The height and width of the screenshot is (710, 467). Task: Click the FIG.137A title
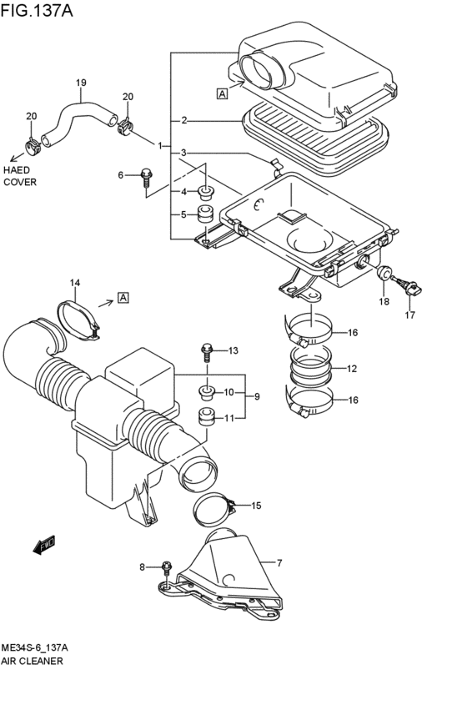tap(38, 11)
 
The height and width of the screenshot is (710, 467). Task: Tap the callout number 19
tap(81, 83)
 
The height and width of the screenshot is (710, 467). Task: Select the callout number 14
tap(74, 284)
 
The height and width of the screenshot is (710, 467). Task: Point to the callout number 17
tap(409, 315)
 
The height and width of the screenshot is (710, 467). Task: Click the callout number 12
tap(352, 368)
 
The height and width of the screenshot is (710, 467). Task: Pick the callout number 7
tap(279, 562)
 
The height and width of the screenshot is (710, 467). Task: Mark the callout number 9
tap(257, 396)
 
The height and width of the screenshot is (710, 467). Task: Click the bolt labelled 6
tap(147, 177)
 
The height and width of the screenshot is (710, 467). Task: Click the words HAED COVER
tap(20, 175)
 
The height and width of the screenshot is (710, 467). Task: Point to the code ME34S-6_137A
tap(34, 647)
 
